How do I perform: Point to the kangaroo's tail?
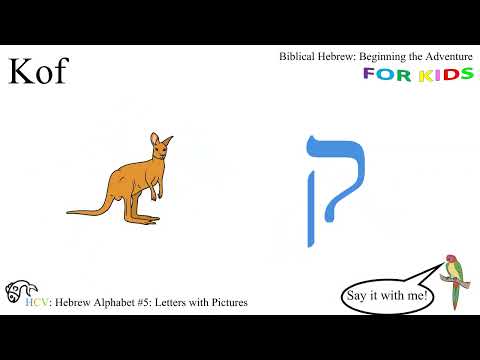point(95,208)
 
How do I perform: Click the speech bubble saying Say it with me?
point(387,296)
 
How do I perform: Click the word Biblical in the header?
point(301,57)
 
